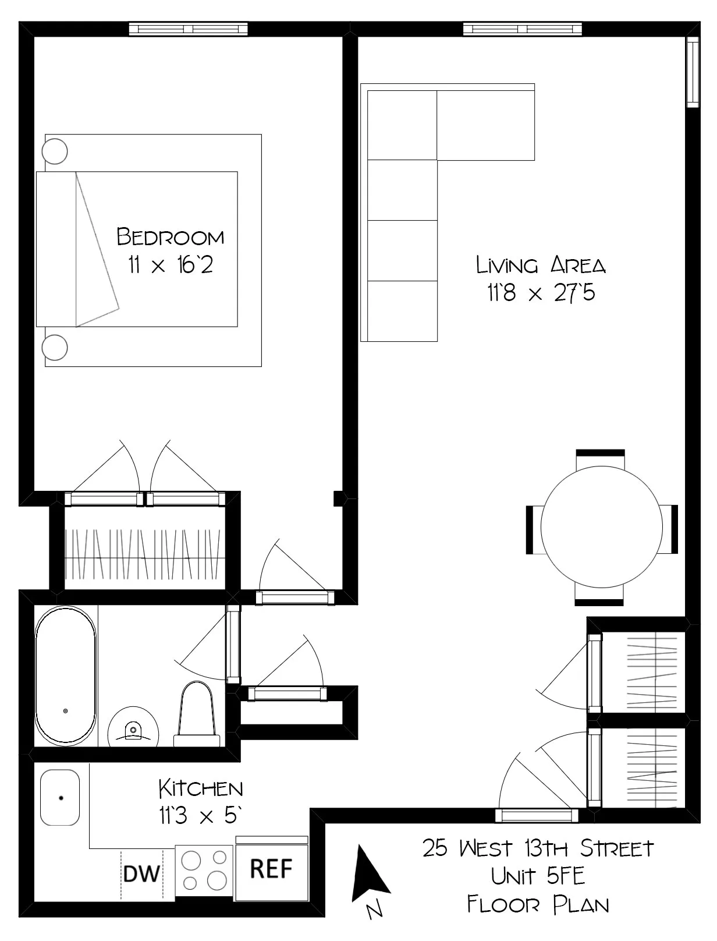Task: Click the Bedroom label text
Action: point(170,236)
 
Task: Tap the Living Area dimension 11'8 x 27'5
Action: point(541,293)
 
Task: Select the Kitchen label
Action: point(201,789)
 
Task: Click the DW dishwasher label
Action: point(141,873)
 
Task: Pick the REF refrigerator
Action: point(271,869)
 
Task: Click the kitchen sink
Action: point(60,797)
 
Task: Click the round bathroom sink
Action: point(133,727)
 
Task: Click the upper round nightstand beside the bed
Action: point(55,151)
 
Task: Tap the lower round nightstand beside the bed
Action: point(55,347)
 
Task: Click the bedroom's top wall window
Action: point(188,29)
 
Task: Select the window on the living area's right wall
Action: point(692,72)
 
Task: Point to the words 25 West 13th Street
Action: point(538,848)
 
